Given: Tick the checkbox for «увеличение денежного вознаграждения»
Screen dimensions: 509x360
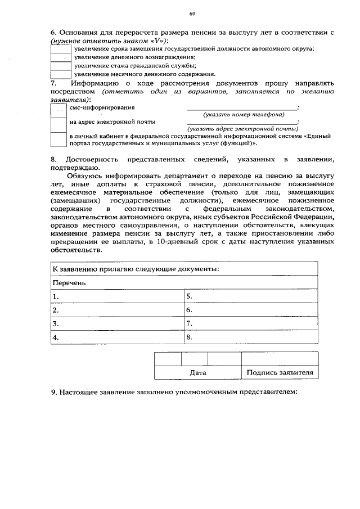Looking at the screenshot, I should click(60, 57).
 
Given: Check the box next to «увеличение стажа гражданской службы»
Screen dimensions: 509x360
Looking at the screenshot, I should click(60, 65).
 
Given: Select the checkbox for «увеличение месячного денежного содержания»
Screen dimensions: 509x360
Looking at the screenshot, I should click(60, 74).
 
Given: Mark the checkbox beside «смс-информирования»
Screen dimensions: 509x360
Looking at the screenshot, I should click(58, 110).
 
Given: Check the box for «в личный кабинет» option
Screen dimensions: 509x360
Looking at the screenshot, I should click(58, 139).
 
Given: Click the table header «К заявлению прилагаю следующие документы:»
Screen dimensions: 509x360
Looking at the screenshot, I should click(136, 269).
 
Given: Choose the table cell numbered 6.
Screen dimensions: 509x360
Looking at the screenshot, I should click(251, 310).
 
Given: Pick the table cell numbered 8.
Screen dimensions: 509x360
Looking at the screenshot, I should click(251, 337).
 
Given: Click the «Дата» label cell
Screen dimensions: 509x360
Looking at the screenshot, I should click(197, 372).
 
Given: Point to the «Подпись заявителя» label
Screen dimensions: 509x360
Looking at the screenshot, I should click(280, 372).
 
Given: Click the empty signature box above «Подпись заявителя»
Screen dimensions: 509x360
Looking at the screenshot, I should click(280, 358).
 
